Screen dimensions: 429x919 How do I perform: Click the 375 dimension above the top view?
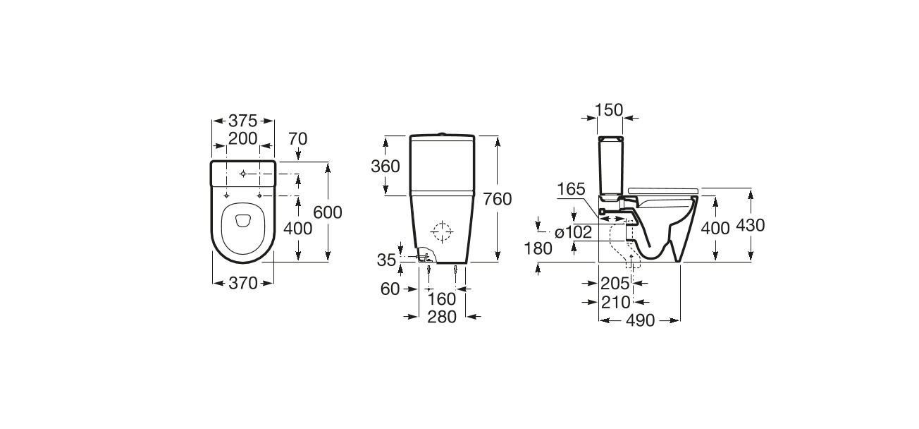[x=242, y=120]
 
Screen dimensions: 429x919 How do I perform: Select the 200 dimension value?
[x=242, y=139]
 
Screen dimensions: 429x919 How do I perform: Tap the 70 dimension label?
[x=297, y=139]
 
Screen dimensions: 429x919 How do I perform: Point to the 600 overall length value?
[x=328, y=212]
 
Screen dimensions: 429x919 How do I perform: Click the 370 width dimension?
[x=242, y=283]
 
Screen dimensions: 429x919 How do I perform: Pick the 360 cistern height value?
[x=386, y=167]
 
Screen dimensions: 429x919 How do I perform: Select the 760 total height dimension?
[x=498, y=199]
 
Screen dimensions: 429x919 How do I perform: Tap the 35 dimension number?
[x=386, y=260]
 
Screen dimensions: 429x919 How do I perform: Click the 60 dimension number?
[x=389, y=289]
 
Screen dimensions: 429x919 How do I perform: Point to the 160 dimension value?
[x=442, y=299]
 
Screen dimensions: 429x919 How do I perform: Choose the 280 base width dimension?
[x=442, y=317]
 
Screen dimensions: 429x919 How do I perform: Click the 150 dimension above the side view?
[x=610, y=109]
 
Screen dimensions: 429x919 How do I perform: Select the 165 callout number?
[x=571, y=189]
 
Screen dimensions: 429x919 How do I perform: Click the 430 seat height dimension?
[x=750, y=225]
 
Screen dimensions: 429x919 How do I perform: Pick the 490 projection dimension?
[x=640, y=320]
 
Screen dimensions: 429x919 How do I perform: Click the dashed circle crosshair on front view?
[x=442, y=231]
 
